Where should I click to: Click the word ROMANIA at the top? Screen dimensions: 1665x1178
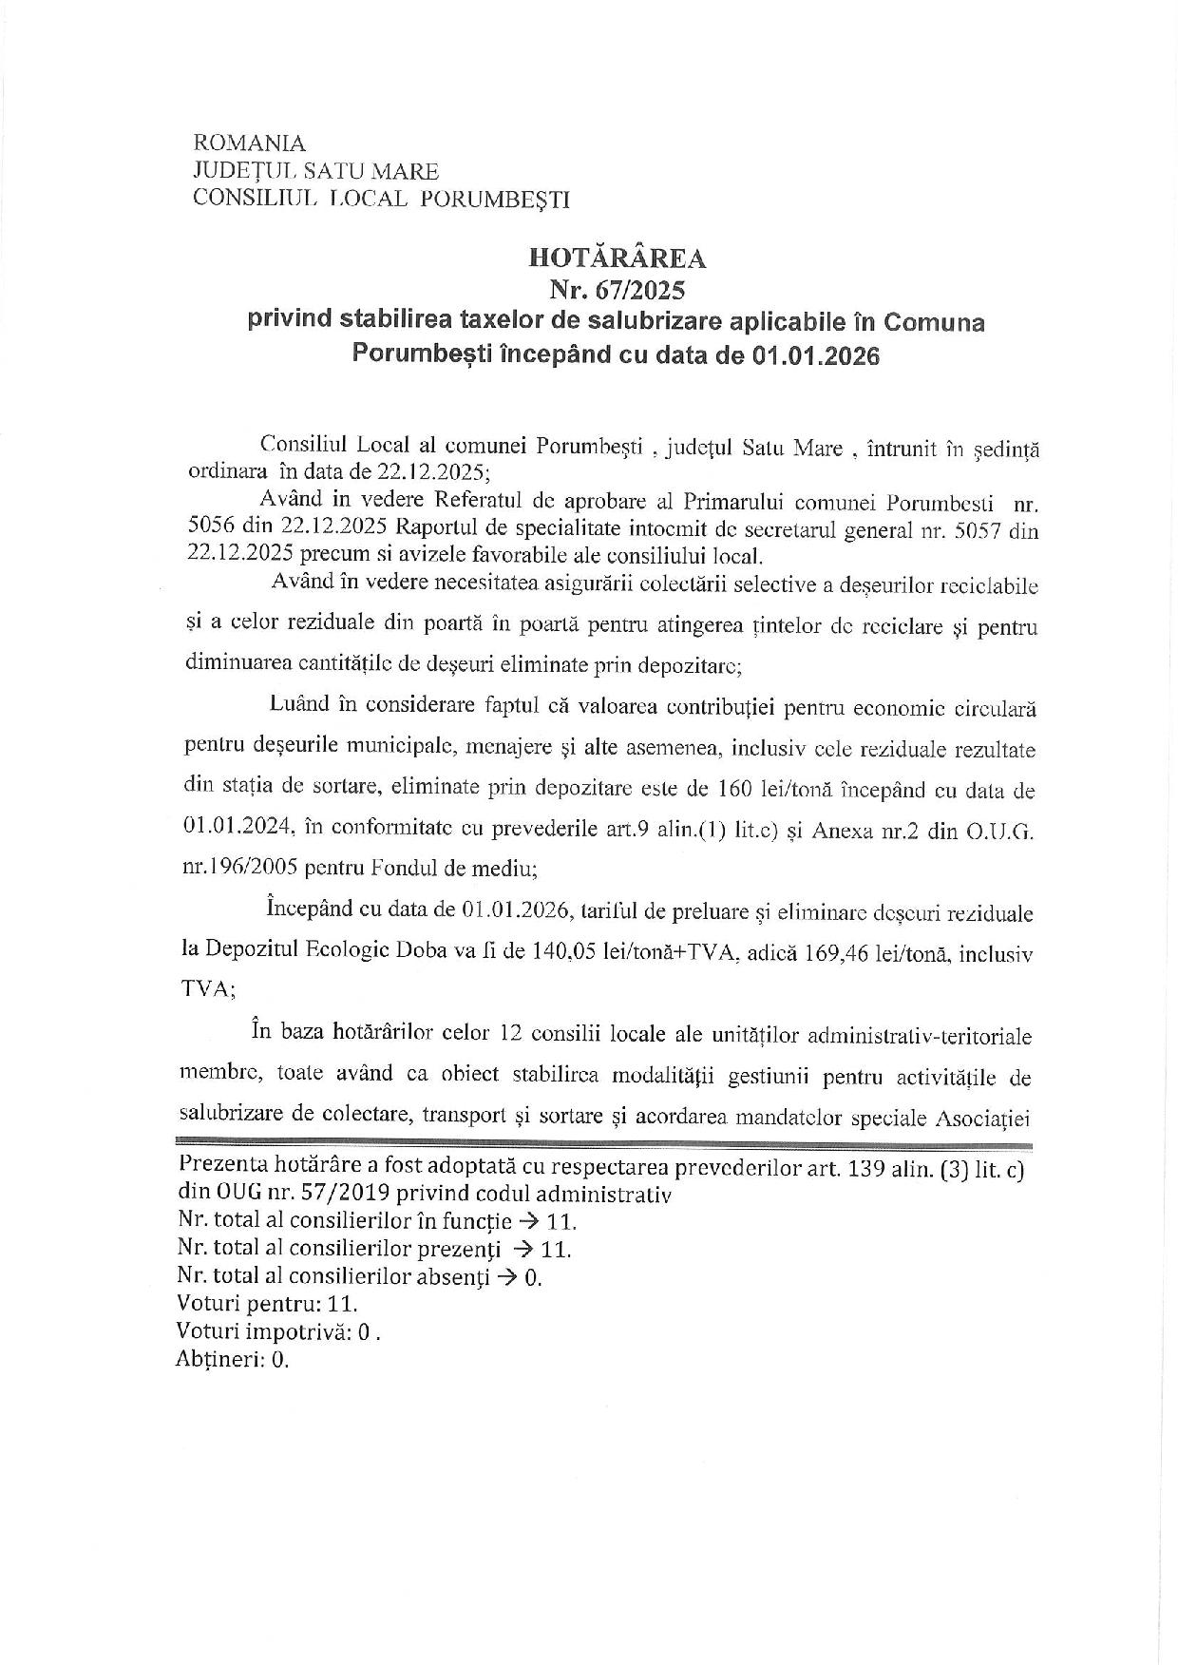[249, 144]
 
